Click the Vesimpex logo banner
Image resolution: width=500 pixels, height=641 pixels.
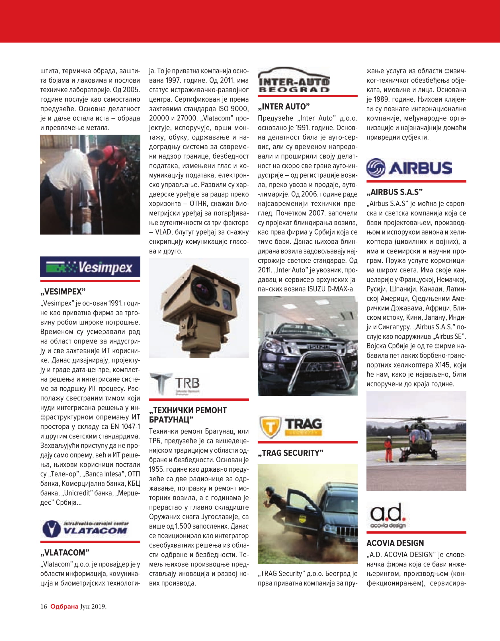(x=90, y=267)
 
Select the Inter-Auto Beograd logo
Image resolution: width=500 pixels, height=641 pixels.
(x=294, y=81)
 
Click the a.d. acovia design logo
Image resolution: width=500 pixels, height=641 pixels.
(x=388, y=515)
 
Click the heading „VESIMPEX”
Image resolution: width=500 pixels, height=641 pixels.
(x=63, y=291)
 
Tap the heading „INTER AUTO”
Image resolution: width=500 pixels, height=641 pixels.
(x=284, y=106)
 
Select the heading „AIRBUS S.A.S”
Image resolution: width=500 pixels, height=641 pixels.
(x=394, y=192)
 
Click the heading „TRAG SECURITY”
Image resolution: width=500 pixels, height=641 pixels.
(x=290, y=453)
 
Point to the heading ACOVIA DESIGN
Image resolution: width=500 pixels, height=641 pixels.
(x=395, y=543)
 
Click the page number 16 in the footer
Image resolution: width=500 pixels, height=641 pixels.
(x=44, y=607)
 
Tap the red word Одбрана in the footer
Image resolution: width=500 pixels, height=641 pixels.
(x=64, y=607)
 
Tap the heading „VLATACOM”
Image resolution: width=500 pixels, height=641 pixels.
(x=65, y=553)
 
